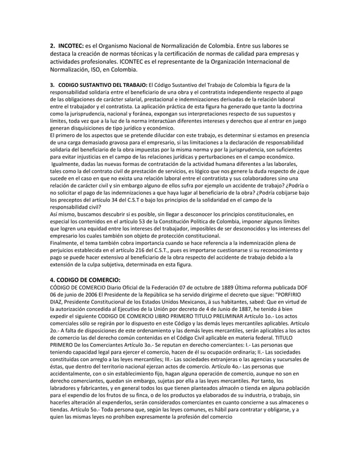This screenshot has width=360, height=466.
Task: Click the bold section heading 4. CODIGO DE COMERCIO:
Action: click(x=85, y=278)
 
